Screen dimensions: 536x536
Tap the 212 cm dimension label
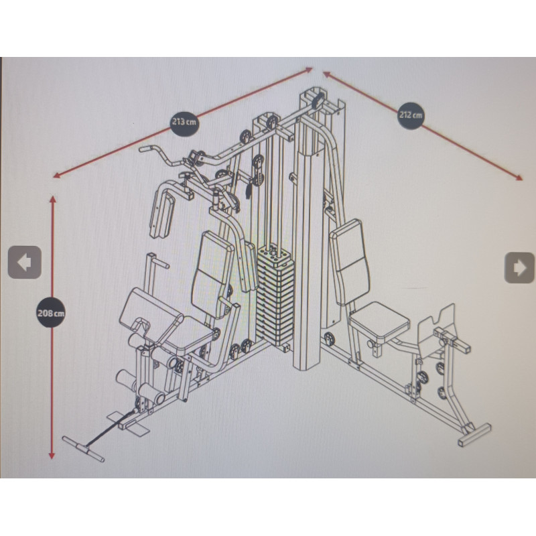(x=411, y=115)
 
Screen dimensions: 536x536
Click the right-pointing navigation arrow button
(x=519, y=267)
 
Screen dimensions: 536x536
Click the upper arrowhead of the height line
(x=52, y=197)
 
